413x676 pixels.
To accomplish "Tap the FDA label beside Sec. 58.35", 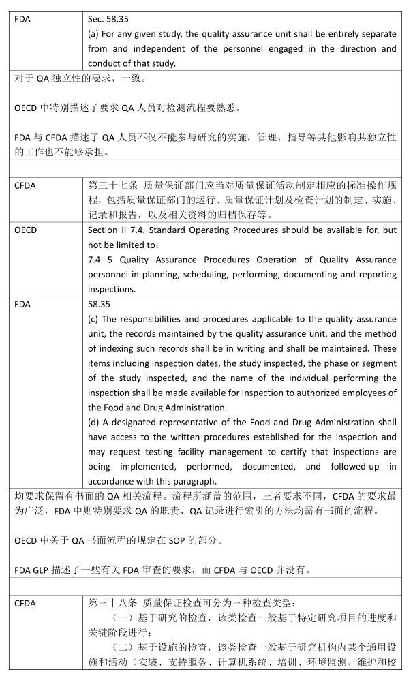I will click(22, 19).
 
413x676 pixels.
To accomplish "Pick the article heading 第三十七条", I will click(110, 185).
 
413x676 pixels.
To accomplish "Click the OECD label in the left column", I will click(25, 230).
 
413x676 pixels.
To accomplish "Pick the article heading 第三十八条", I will click(110, 603).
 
